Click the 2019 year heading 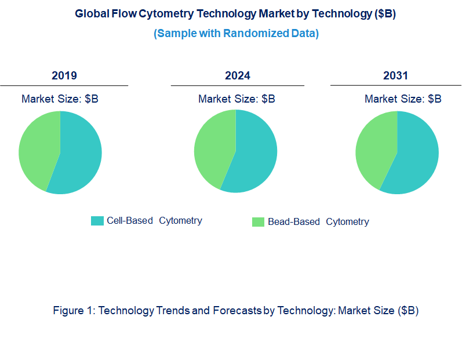(x=64, y=76)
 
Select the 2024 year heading (x=238, y=76)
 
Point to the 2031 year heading (x=395, y=76)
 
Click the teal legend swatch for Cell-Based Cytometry (x=97, y=221)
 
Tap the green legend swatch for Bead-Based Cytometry (x=258, y=222)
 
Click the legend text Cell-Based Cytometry (x=154, y=221)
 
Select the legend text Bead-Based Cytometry (x=318, y=222)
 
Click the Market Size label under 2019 (x=60, y=99)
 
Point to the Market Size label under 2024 (x=237, y=99)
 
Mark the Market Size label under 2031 (x=403, y=99)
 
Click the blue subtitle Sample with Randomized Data (x=236, y=34)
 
